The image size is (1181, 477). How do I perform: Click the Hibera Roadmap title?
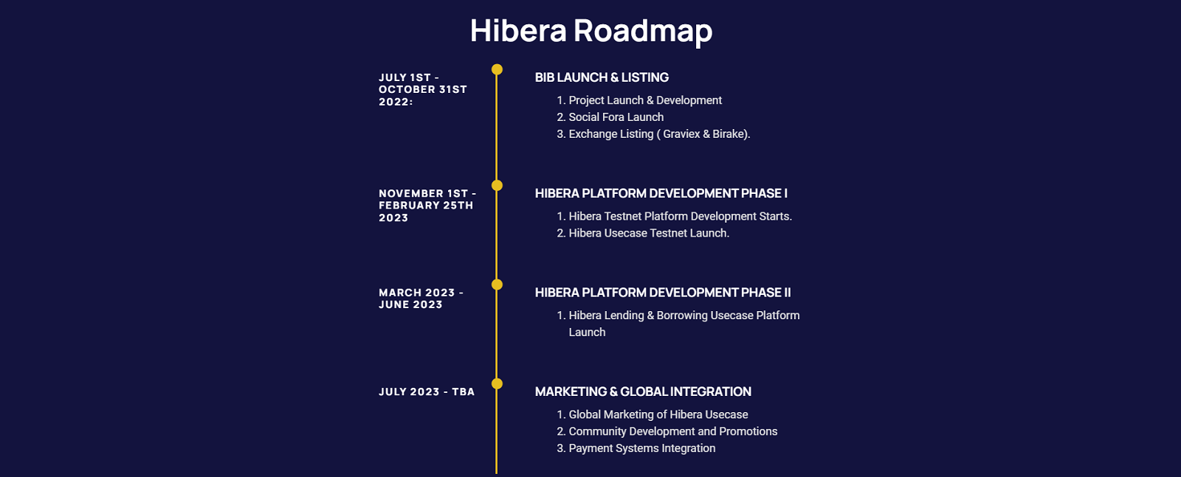[591, 30]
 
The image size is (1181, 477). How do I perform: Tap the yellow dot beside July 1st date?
[497, 69]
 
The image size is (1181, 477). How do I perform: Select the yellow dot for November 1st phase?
[497, 185]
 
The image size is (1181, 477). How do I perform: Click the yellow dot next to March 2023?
[497, 285]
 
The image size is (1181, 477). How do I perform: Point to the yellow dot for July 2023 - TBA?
[497, 384]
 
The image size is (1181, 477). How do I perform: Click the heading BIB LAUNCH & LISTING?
[602, 77]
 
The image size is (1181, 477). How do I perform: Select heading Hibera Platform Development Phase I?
[661, 193]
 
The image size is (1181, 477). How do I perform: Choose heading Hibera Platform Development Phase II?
[663, 293]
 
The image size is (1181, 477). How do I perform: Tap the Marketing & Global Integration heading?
[643, 391]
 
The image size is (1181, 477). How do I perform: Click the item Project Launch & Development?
[645, 100]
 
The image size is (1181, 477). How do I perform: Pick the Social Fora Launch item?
[616, 117]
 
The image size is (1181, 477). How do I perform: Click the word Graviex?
[681, 133]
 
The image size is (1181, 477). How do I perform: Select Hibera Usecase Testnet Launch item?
[649, 233]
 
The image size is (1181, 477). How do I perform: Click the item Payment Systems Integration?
[642, 448]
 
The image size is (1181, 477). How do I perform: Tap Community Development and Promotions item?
[673, 431]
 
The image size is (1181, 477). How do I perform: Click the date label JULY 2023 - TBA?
[427, 391]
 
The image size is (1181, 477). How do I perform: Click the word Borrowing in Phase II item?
[682, 316]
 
